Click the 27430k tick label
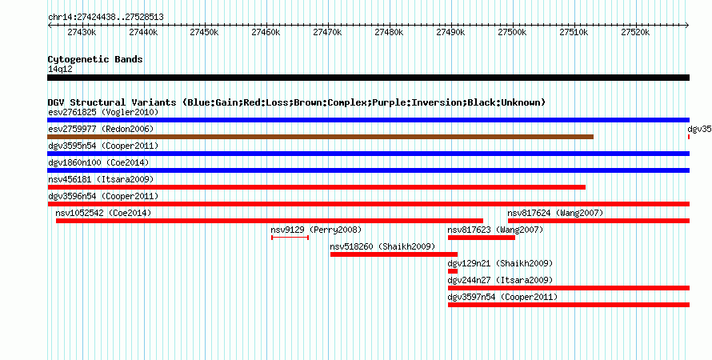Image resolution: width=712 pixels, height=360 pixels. pos(82,32)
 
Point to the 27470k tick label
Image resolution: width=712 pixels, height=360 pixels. pos(328,32)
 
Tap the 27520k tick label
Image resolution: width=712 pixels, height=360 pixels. pos(635,32)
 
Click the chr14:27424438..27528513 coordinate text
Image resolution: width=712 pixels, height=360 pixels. pos(106,18)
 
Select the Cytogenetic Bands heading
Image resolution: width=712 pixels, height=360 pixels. pos(95,59)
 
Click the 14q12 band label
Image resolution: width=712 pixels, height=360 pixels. pos(60,69)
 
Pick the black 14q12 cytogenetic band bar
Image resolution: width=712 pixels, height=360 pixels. pos(368,78)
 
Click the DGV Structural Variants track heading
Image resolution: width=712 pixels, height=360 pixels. pos(297,102)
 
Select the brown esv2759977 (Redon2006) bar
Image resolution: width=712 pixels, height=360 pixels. pos(320,137)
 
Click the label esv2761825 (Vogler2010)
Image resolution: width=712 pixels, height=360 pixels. pos(103,112)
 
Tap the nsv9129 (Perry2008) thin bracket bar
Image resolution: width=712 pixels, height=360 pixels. pos(290,238)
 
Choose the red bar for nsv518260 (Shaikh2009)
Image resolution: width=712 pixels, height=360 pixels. pos(394,254)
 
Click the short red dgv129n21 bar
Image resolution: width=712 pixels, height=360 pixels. pos(453,271)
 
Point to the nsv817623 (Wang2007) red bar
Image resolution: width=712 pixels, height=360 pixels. pos(482,238)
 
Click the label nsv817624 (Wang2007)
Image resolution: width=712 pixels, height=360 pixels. pos(555,213)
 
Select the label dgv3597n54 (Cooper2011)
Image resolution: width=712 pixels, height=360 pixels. pos(502,297)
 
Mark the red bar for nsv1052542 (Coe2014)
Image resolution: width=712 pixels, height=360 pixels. pos(270,221)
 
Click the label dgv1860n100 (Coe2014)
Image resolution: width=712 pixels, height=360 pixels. pos(98,162)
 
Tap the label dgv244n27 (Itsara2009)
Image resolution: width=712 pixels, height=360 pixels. pos(500,280)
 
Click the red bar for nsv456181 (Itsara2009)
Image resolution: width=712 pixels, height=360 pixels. pos(317,187)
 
